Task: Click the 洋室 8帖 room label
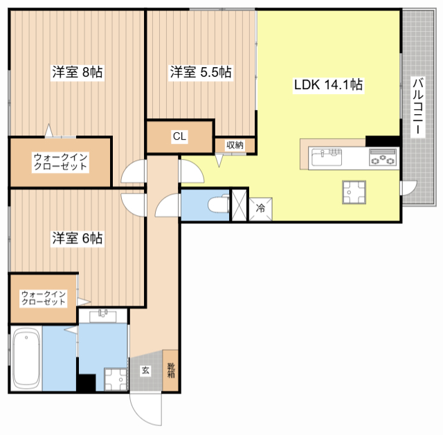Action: coord(77,72)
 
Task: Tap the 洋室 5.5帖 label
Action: coord(201,72)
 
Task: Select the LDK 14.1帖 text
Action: coord(328,84)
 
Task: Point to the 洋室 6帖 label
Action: coord(77,239)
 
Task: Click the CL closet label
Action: coord(180,136)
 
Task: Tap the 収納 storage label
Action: coord(235,145)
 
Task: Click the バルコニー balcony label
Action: coord(417,107)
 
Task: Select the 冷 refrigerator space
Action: coord(260,209)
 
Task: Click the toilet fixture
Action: coord(219,203)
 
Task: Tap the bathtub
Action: coord(26,358)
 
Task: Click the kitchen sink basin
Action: coord(327,158)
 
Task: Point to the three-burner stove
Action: coord(383,158)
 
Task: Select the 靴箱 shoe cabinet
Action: coord(170,371)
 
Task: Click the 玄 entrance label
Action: coord(145,370)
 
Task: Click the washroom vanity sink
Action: coord(103,316)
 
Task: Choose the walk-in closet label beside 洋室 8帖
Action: coord(60,162)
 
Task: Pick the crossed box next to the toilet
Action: coord(239,205)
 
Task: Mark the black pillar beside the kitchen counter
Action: coord(383,141)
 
